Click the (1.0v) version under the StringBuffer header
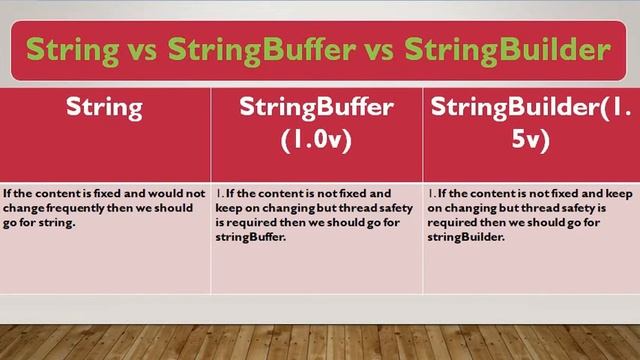pos(315,140)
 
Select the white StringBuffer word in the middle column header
pos(315,105)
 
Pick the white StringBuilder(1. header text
pos(530,105)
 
